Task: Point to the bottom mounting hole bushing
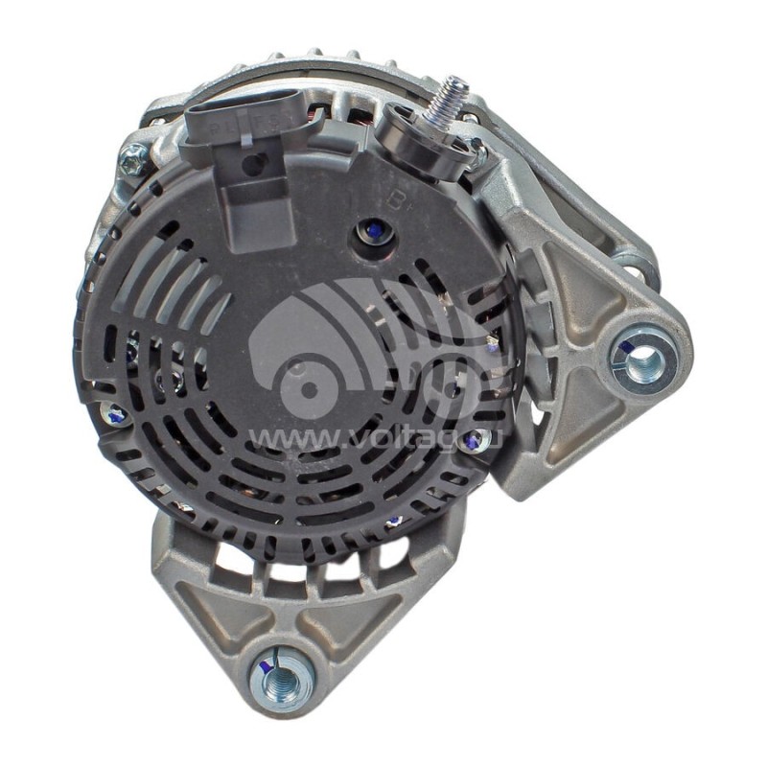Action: click(281, 679)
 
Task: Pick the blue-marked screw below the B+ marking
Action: click(369, 231)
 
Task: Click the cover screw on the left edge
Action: click(114, 414)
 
